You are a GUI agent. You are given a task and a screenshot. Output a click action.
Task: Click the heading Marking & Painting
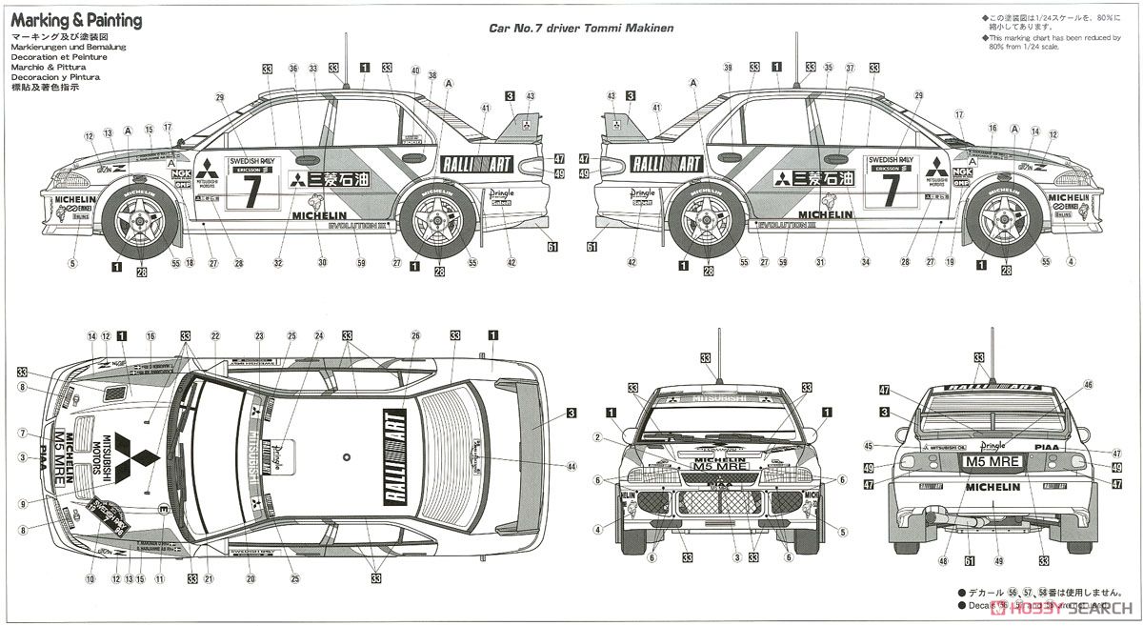point(76,20)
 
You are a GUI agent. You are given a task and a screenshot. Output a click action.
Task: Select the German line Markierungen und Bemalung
point(68,47)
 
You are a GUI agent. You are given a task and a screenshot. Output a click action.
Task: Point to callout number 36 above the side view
point(293,69)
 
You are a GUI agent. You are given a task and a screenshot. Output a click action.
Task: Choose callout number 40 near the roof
point(414,71)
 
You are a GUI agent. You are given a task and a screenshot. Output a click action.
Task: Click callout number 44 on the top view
point(571,466)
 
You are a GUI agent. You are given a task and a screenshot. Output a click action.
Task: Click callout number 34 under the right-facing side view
point(866,263)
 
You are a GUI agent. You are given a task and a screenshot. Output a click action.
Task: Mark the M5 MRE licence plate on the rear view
point(992,461)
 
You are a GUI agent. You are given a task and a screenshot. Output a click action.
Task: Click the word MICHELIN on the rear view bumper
point(994,487)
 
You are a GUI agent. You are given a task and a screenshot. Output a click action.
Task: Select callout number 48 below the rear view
point(943,561)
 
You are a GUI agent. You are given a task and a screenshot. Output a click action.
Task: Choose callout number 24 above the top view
point(320,336)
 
